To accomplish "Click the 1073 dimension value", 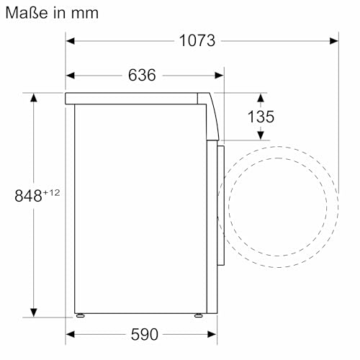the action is [x=197, y=40].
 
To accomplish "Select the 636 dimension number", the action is [x=142, y=75].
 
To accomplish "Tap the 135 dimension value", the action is [x=261, y=117].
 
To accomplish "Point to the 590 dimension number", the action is [x=145, y=334].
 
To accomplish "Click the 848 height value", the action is [x=28, y=196].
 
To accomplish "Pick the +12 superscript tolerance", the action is [x=51, y=192].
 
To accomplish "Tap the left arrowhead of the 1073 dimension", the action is [x=70, y=41].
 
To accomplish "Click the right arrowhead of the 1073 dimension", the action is [x=334, y=41].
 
